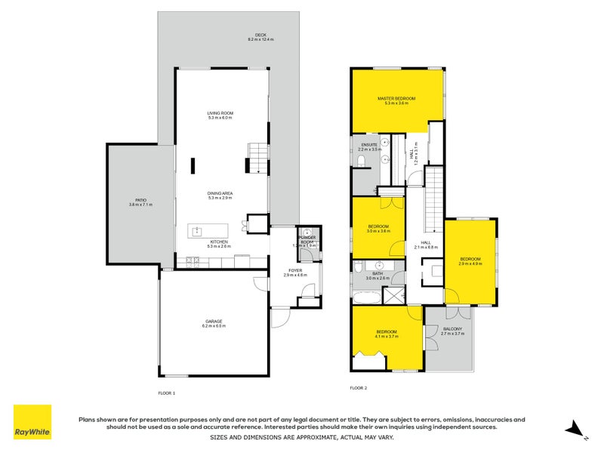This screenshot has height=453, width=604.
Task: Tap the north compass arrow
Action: point(578,428)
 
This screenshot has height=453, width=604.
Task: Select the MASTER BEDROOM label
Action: point(396,99)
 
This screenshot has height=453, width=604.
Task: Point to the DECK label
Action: point(261,35)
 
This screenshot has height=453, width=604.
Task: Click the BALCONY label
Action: point(452,328)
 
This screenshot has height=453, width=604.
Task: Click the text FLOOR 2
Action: point(358,388)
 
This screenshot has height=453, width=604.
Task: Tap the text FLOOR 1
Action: point(166,393)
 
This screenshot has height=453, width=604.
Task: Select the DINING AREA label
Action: point(220,193)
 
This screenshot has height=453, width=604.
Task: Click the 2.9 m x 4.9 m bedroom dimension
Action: point(470,264)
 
